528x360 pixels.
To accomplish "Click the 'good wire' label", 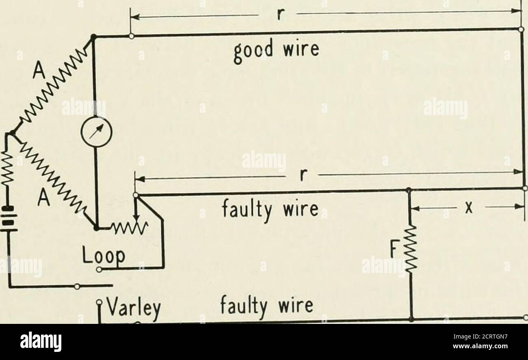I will tap(276, 51).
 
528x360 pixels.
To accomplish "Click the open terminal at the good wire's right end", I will tap(521, 29).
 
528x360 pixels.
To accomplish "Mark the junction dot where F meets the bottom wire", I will tap(411, 319).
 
